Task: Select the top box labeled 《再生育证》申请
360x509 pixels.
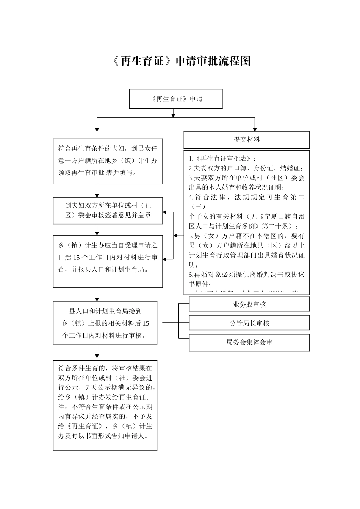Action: click(176, 99)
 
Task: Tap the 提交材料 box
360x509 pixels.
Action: click(247, 140)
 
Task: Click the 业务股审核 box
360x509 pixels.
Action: click(249, 304)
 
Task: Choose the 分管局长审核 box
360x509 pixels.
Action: click(249, 323)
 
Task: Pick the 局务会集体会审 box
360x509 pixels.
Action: click(249, 342)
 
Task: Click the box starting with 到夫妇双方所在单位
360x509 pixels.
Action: click(108, 210)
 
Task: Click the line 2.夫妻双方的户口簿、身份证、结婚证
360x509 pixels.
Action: click(246, 168)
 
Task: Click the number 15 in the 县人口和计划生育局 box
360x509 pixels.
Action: click(146, 323)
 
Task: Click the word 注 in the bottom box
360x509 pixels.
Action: click(61, 407)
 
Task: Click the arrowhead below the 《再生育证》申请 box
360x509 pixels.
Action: click(173, 115)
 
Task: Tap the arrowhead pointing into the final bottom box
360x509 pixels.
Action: click(97, 357)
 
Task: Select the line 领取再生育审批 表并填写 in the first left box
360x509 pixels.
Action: click(97, 173)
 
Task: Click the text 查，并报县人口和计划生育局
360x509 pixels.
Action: click(103, 270)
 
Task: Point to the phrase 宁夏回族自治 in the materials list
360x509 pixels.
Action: click(284, 217)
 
